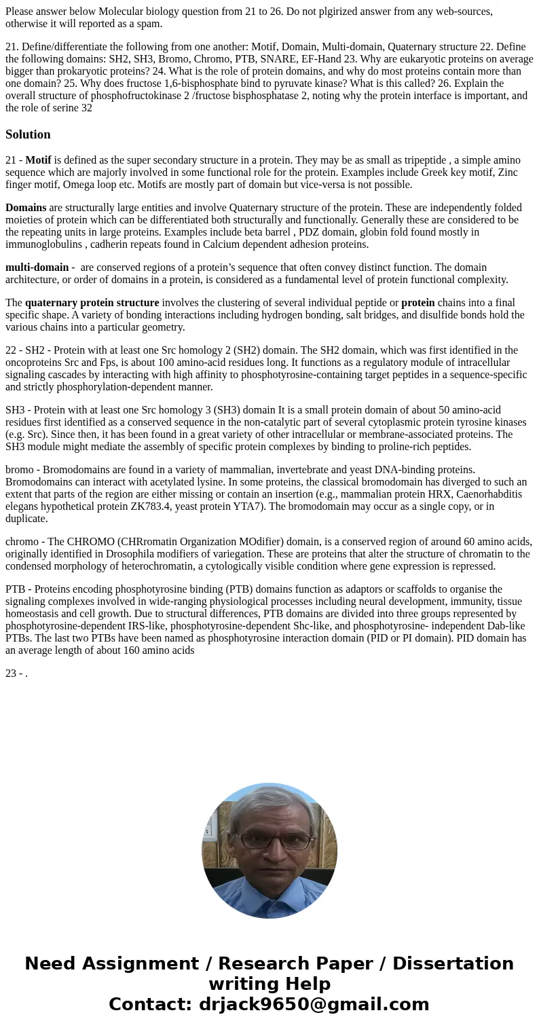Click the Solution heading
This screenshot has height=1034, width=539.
28,134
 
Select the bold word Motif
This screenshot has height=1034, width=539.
38,160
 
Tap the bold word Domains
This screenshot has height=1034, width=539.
26,208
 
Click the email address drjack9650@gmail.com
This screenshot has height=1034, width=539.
314,1004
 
